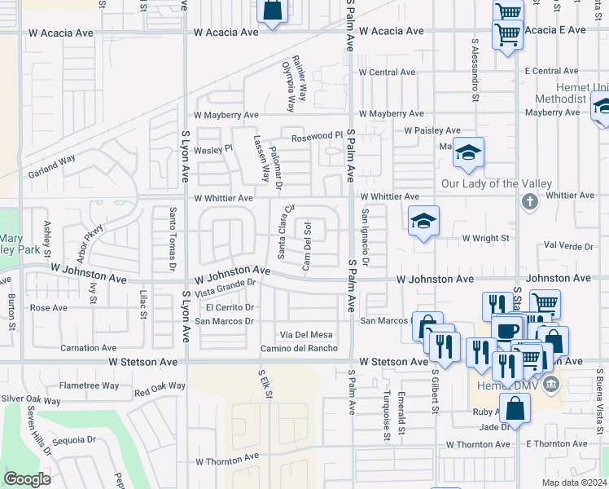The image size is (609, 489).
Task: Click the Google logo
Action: click(x=27, y=479)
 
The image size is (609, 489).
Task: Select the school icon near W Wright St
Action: click(x=423, y=220)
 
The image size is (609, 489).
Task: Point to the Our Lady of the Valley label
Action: click(x=496, y=183)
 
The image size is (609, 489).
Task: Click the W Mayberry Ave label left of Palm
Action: click(x=226, y=115)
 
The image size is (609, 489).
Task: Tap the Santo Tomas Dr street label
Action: click(x=173, y=239)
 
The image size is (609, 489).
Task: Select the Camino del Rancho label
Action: click(x=299, y=349)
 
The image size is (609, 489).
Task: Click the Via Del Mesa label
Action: click(x=306, y=335)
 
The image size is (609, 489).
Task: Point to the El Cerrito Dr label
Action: click(x=230, y=307)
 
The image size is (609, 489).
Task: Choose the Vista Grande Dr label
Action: click(x=226, y=288)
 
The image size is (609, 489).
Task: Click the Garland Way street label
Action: click(x=51, y=166)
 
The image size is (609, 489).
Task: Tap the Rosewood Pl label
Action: click(x=312, y=135)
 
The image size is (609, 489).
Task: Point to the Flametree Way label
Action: click(x=89, y=385)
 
